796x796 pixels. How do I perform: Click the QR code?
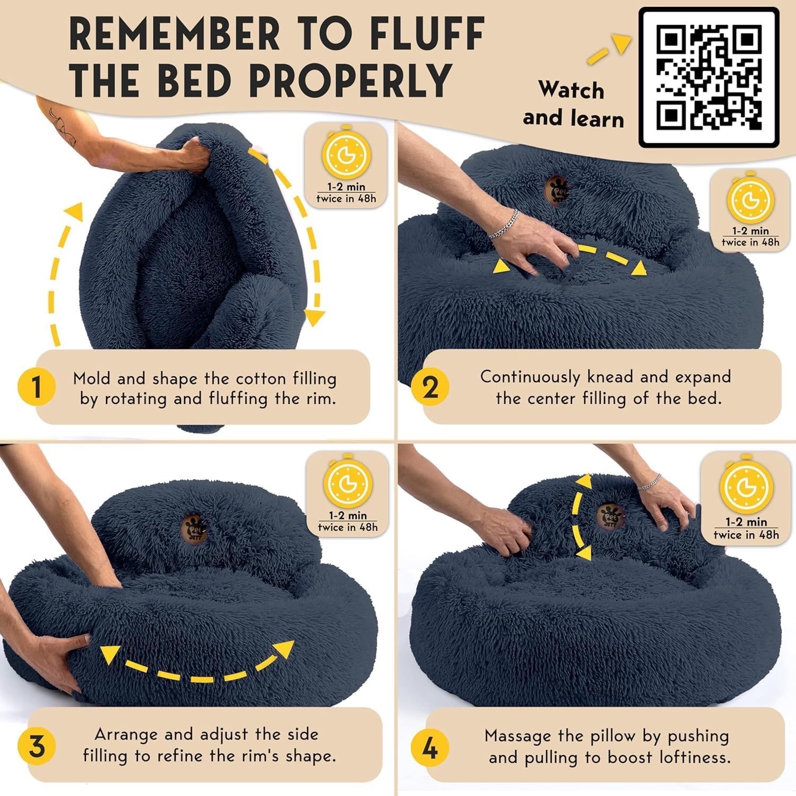coord(709,77)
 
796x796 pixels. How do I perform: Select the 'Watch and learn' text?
coord(573,104)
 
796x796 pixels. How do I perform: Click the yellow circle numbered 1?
coord(36,387)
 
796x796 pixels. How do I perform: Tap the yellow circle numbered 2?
coord(430,387)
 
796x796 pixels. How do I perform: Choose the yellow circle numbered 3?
coord(36,747)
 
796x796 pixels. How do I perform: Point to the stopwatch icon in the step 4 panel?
coord(745,486)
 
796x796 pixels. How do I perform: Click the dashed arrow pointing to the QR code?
coord(609,49)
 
